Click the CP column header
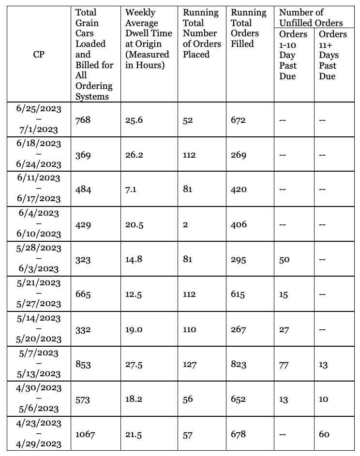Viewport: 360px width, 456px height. coord(39,55)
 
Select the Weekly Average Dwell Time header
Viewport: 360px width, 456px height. coord(148,39)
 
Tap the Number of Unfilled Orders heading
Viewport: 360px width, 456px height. coord(311,17)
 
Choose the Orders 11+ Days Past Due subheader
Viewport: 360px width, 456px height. coord(332,55)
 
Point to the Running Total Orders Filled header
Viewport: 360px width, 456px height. coord(248,28)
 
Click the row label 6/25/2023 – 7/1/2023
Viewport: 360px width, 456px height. coord(39,119)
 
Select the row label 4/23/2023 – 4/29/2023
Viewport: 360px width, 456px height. coord(39,434)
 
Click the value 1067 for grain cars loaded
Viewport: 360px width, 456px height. coord(85,434)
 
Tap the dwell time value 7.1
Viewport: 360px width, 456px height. coord(131,190)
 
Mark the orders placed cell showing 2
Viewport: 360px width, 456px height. coord(185,224)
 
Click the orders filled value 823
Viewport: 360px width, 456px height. coord(239,365)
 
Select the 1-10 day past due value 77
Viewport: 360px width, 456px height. coord(284,365)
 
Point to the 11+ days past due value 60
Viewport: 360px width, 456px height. coord(324,434)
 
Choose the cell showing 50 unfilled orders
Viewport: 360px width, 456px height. coord(284,260)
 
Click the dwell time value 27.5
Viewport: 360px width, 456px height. coord(134,365)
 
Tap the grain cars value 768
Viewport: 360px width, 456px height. coord(83,120)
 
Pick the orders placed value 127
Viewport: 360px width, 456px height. coord(190,365)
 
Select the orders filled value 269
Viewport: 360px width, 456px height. coord(239,155)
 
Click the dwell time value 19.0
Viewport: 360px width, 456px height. coord(134,329)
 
